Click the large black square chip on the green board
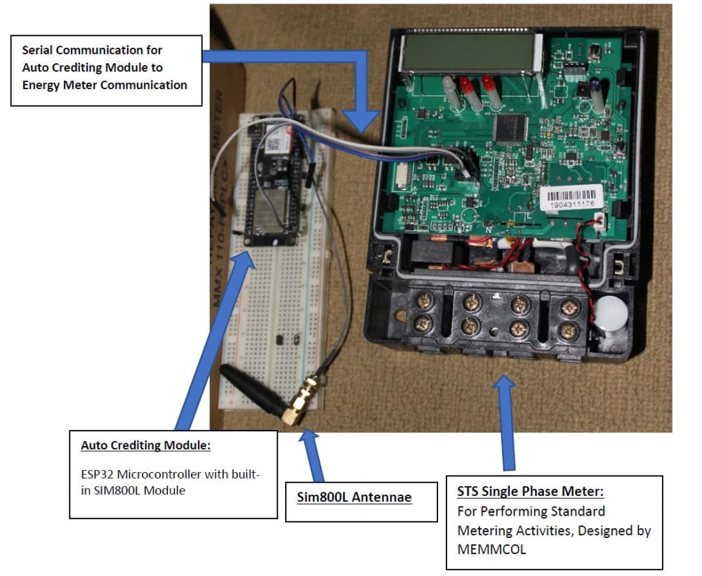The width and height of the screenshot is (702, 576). coord(510,126)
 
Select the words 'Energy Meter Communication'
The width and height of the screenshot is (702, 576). coord(105,85)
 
